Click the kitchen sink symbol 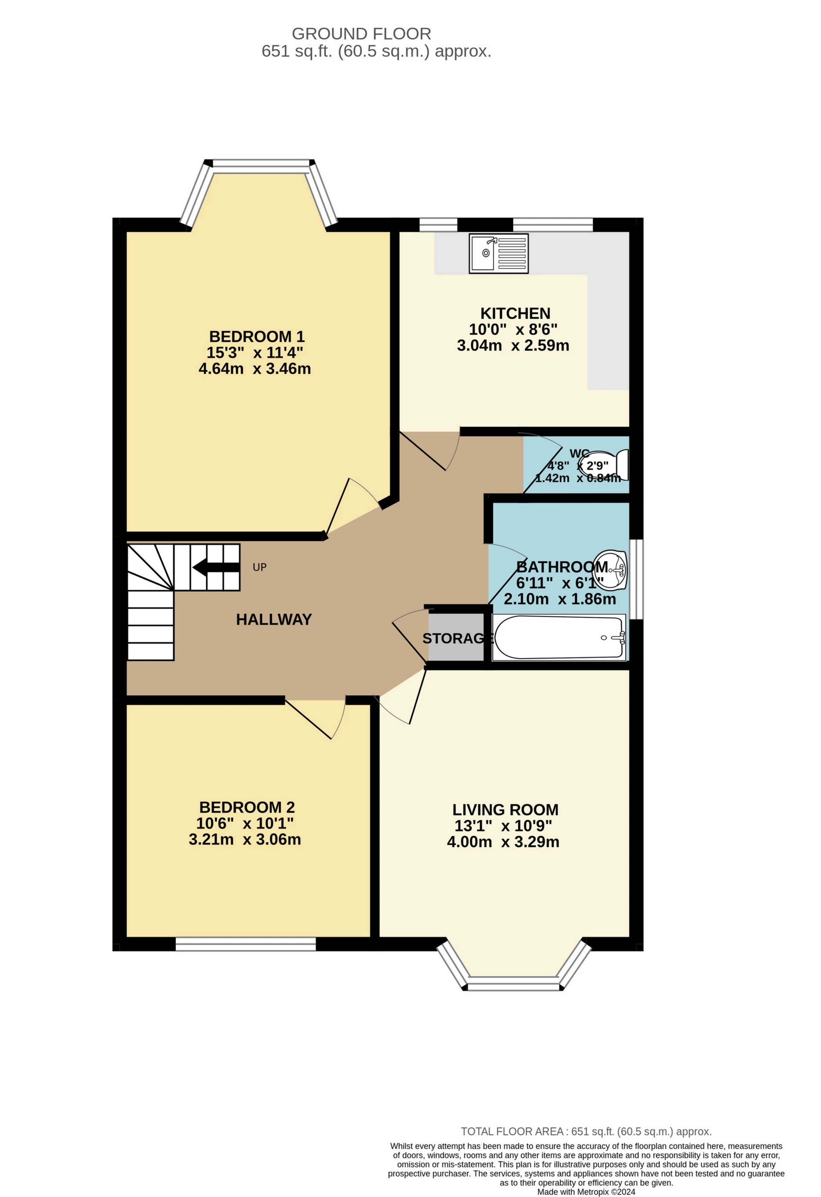pos(498,253)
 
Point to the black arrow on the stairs pos(216,567)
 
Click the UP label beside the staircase pos(260,567)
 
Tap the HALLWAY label pos(274,619)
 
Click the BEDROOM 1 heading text pos(257,336)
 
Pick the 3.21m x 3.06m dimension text pos(245,839)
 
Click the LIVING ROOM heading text pos(505,810)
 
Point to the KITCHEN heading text pos(515,313)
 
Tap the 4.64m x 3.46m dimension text pos(254,369)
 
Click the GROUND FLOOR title pos(361,34)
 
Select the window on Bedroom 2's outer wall pos(245,944)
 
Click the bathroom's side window pos(637,578)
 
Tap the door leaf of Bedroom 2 pos(308,719)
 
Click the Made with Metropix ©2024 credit pos(586,1191)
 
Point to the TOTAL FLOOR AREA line pos(586,1132)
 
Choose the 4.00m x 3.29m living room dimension pos(503,841)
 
